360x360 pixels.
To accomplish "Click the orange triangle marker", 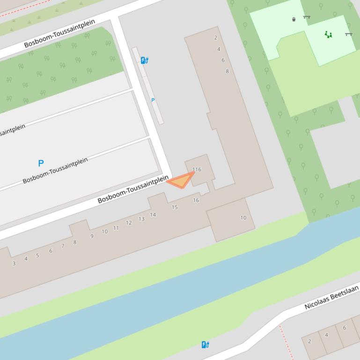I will click(181, 180).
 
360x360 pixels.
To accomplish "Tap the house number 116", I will click(197, 169).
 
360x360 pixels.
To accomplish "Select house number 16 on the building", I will click(196, 200).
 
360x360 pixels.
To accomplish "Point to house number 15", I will click(175, 207).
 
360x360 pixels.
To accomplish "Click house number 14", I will click(153, 215).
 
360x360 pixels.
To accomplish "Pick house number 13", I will click(141, 219).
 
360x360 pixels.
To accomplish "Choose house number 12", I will click(129, 223).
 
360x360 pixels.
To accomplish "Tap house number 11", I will click(116, 228).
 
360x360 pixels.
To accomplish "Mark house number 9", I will click(92, 236).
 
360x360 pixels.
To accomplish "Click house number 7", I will click(63, 246).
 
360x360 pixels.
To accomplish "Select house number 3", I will click(14, 263).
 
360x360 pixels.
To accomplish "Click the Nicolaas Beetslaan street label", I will click(331, 298).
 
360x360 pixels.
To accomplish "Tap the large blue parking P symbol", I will click(41, 163).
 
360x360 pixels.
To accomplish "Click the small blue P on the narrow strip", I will click(153, 100).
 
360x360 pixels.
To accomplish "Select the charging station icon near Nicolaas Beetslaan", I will click(205, 345).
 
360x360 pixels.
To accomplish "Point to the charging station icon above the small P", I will click(145, 60).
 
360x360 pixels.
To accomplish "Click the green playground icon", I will click(329, 34).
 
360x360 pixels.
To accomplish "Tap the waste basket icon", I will click(294, 19).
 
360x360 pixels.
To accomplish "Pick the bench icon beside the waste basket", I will click(307, 17).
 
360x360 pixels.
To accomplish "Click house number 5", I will click(37, 255).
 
